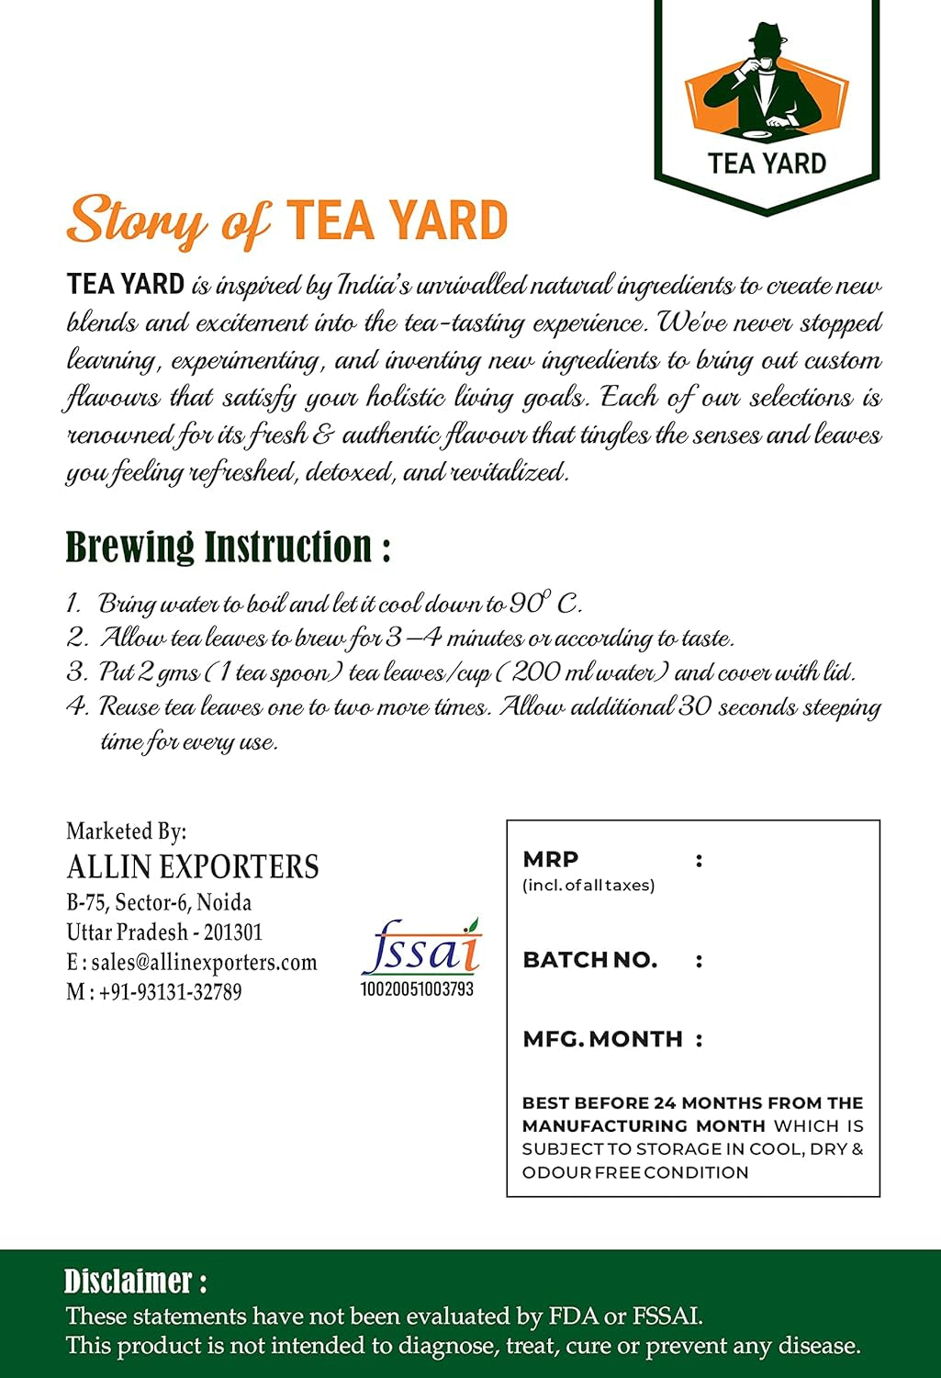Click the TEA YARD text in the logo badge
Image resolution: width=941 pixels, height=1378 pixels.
point(767,164)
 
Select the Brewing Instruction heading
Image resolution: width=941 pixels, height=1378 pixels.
point(228,548)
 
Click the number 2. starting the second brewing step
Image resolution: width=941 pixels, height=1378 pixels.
point(77,638)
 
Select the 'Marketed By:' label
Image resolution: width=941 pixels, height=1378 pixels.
point(126,831)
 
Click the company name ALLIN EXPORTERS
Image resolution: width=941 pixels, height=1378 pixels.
point(193,867)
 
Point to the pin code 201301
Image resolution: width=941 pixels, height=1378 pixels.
point(233,932)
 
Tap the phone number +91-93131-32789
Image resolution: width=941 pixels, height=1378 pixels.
point(170,992)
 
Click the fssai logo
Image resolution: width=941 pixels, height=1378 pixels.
point(420,948)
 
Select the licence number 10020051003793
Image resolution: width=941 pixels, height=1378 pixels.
point(418,989)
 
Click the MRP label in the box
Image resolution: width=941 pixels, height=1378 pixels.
point(551,859)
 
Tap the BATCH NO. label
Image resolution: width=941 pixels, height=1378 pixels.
point(589,960)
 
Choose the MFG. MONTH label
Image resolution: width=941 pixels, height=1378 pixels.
point(602,1039)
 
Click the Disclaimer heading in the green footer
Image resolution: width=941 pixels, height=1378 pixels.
point(135,1281)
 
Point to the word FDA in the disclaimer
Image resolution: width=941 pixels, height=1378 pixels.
point(573,1316)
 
